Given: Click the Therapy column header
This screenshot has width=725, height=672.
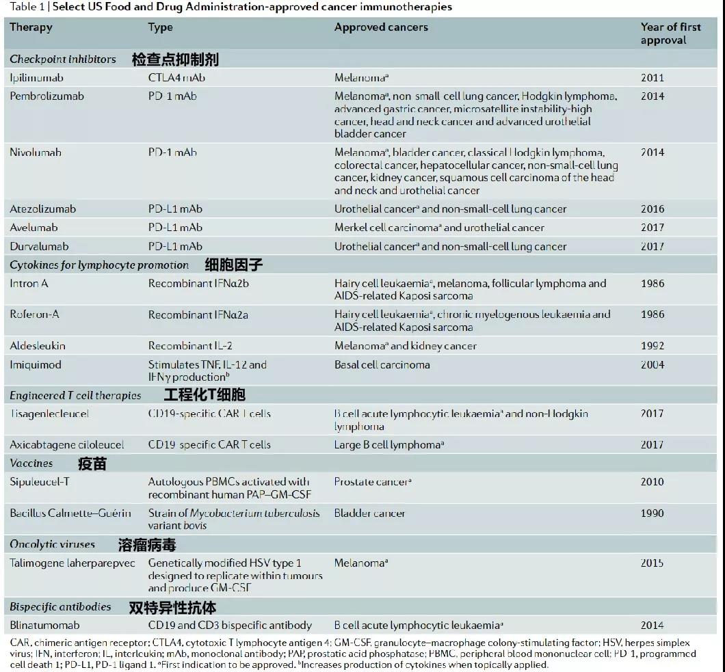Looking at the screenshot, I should coord(31,28).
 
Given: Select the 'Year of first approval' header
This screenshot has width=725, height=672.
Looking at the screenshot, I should coord(670,33).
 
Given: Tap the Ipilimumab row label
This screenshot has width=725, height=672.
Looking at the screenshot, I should coord(36,78).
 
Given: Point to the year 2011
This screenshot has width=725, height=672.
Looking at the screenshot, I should coord(652,78).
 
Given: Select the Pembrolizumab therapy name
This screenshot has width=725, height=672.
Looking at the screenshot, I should coord(47,96).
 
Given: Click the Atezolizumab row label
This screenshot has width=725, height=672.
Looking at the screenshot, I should coord(42,209).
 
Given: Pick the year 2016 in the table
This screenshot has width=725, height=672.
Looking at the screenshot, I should coord(652,209).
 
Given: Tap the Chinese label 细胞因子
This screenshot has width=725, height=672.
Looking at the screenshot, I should coord(233,265).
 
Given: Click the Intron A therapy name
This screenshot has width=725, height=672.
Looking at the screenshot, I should coord(29,284).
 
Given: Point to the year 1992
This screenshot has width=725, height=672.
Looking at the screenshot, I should coord(652,346).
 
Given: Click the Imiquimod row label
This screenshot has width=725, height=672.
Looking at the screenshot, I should coord(35,365).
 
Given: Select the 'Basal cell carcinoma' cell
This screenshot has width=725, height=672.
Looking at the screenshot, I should coord(382,365).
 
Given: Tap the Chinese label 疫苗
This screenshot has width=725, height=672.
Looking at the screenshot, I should coord(92,463).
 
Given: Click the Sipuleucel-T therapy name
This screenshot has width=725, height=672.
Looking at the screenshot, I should coord(39,482).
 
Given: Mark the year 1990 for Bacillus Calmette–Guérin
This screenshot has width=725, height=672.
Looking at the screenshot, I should coord(652,513).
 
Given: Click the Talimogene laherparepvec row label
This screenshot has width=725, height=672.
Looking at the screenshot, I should coord(72,563).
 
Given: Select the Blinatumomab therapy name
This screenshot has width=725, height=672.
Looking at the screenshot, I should coord(44,625).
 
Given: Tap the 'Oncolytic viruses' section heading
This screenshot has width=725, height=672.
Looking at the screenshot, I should coord(52,544).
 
